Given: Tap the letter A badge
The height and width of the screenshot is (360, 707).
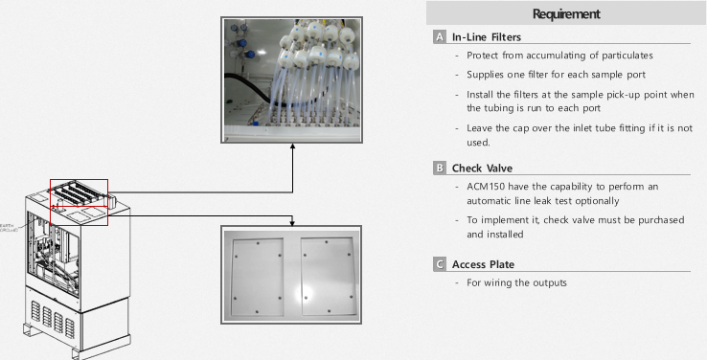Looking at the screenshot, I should click(x=440, y=37).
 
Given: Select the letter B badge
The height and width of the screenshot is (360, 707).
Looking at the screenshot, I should click(x=440, y=169).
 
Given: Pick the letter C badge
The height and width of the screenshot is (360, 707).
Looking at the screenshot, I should click(x=440, y=263).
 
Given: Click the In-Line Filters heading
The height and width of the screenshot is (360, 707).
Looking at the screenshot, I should click(x=489, y=37).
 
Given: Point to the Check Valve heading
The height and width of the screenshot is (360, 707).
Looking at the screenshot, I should click(x=482, y=169).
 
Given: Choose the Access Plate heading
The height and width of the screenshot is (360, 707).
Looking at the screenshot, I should click(x=486, y=263).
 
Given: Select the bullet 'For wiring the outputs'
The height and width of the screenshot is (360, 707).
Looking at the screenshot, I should click(x=516, y=282).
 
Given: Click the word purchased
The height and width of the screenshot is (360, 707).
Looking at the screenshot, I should click(x=660, y=220).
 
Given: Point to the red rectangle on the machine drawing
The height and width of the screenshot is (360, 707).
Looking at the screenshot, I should click(x=79, y=202).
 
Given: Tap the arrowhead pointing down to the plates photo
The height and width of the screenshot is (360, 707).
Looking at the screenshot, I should click(x=291, y=221).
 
